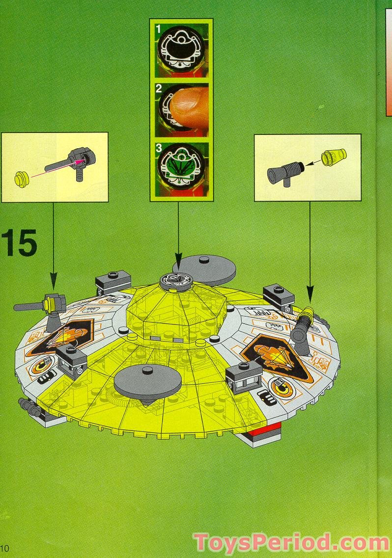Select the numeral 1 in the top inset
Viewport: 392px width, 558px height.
click(x=158, y=29)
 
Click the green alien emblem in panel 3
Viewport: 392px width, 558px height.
click(x=182, y=167)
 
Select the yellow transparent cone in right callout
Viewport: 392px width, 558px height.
click(x=334, y=158)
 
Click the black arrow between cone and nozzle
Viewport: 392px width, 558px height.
click(x=312, y=162)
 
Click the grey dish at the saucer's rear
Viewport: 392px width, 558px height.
click(x=204, y=268)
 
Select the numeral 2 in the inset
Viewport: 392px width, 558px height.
click(x=159, y=89)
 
